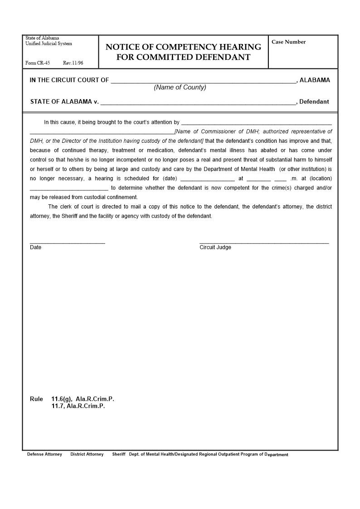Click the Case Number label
click(288, 42)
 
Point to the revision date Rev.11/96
click(73, 63)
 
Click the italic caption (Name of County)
click(180, 87)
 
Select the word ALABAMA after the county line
click(315, 80)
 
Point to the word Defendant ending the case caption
click(314, 102)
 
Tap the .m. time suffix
click(294, 179)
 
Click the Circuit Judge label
click(215, 247)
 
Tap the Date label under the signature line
click(35, 247)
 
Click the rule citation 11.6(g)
click(62, 399)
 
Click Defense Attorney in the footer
click(44, 454)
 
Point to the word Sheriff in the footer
click(119, 454)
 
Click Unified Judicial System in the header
click(49, 44)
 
